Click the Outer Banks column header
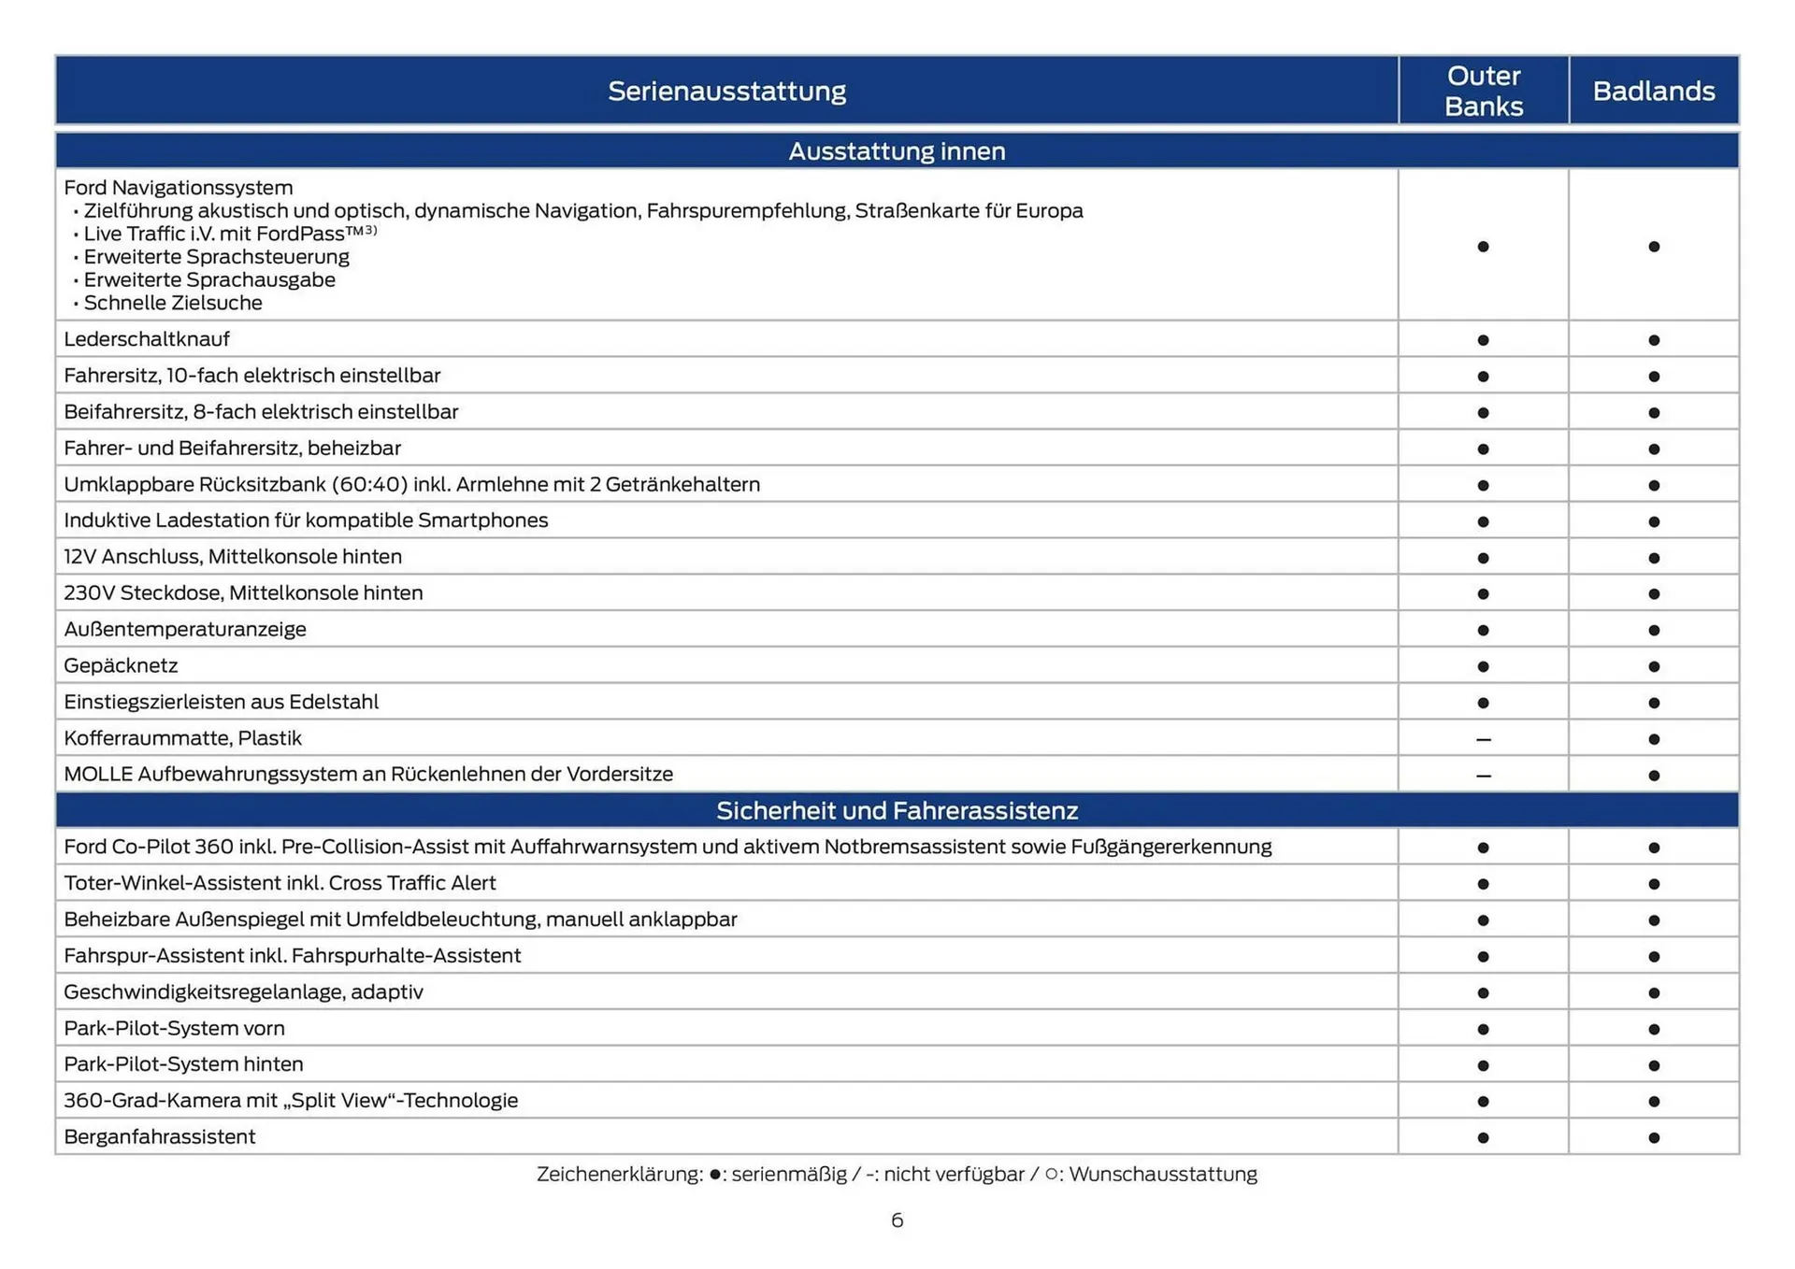point(1483,91)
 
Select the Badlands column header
point(1653,91)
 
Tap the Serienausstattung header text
point(726,91)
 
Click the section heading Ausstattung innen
point(897,151)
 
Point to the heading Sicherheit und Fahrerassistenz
point(897,810)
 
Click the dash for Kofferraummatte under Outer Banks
point(1483,739)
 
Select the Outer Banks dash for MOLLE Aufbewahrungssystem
point(1483,776)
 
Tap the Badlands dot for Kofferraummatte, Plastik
point(1654,739)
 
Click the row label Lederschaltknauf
point(146,339)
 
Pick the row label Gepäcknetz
point(121,665)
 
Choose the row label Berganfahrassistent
point(159,1136)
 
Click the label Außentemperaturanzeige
point(185,629)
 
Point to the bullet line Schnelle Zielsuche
point(173,303)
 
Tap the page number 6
point(897,1220)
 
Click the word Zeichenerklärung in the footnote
point(619,1174)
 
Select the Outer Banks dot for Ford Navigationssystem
point(1483,247)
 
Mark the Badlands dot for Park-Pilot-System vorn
point(1654,1029)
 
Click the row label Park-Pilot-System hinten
point(183,1063)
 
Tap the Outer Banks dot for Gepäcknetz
point(1483,666)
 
